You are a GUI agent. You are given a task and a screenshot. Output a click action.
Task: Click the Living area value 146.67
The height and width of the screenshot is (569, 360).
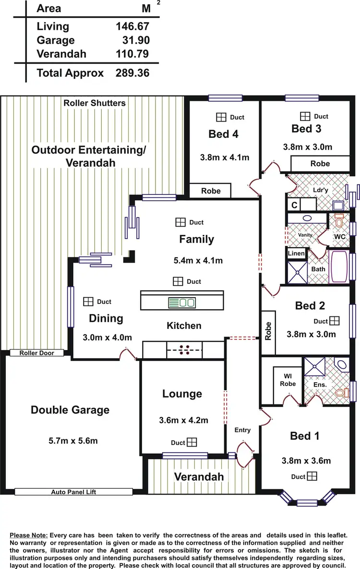pyautogui.click(x=132, y=26)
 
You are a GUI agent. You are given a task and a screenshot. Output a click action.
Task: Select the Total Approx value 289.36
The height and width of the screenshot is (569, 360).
pyautogui.click(x=132, y=73)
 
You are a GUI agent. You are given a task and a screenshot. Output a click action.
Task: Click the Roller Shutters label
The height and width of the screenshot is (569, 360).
pyautogui.click(x=95, y=103)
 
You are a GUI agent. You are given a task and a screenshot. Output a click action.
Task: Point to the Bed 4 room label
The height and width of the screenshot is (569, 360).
pyautogui.click(x=223, y=134)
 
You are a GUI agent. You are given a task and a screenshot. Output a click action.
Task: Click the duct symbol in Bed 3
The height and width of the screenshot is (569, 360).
pyautogui.click(x=305, y=116)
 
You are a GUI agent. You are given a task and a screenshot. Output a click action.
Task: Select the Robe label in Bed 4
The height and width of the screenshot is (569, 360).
pyautogui.click(x=211, y=191)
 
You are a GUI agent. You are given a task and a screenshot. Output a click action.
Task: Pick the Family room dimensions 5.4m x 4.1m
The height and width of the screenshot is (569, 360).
pyautogui.click(x=198, y=261)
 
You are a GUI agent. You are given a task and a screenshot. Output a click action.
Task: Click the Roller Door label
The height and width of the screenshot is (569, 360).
pyautogui.click(x=36, y=353)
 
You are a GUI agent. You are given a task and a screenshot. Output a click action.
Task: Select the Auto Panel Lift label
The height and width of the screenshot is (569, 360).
pyautogui.click(x=73, y=492)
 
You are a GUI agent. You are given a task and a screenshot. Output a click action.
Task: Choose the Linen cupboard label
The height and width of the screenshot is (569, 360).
pyautogui.click(x=296, y=253)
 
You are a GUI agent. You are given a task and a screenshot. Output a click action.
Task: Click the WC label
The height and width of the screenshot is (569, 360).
pyautogui.click(x=339, y=237)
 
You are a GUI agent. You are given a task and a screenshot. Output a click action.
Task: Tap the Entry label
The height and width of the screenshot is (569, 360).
pyautogui.click(x=242, y=430)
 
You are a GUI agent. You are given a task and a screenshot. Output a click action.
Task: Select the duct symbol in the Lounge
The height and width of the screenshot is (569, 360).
pyautogui.click(x=192, y=442)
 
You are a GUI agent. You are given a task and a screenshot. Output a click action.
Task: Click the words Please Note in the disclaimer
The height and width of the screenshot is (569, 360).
pyautogui.click(x=28, y=535)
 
